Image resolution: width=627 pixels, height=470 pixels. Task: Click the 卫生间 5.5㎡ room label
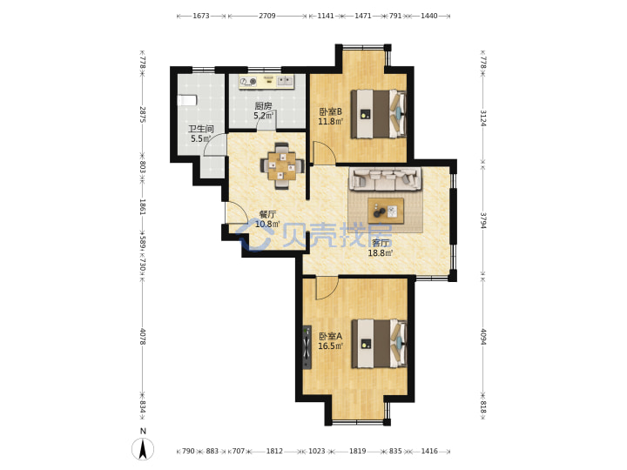(x=201, y=134)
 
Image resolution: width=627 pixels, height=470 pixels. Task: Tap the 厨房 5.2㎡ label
(x=264, y=111)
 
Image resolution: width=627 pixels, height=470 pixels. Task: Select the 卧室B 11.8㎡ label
(x=330, y=116)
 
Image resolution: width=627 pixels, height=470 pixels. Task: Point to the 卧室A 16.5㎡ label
(x=330, y=341)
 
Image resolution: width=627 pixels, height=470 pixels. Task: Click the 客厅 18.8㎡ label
(x=381, y=248)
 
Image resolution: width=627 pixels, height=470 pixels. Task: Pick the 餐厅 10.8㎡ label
(x=267, y=219)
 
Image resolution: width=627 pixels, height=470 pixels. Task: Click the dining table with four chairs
(x=282, y=165)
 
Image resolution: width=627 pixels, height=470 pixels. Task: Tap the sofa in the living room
(x=385, y=178)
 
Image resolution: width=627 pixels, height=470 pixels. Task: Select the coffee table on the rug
(x=386, y=211)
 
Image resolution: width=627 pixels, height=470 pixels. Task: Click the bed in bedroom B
(x=379, y=114)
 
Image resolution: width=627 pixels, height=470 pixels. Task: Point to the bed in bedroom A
(x=379, y=343)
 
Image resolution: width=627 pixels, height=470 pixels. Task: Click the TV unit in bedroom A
(x=307, y=347)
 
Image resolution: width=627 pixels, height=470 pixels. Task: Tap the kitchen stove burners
(x=248, y=82)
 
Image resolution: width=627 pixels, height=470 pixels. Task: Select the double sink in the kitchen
(x=285, y=81)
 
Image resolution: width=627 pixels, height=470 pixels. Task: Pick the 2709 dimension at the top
(x=267, y=16)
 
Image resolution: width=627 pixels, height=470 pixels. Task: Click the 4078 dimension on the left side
(x=143, y=337)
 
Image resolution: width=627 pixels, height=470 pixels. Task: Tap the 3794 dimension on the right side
(x=483, y=220)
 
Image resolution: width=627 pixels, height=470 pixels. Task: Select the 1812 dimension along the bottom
(x=274, y=451)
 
